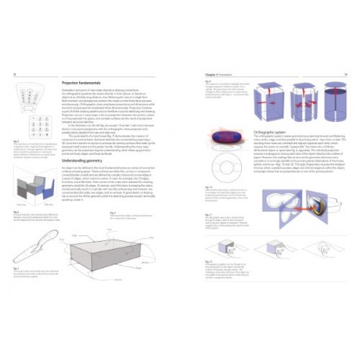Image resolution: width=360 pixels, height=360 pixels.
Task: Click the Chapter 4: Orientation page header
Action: pos(215,74)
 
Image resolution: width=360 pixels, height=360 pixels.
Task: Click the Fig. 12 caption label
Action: pos(209,262)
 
